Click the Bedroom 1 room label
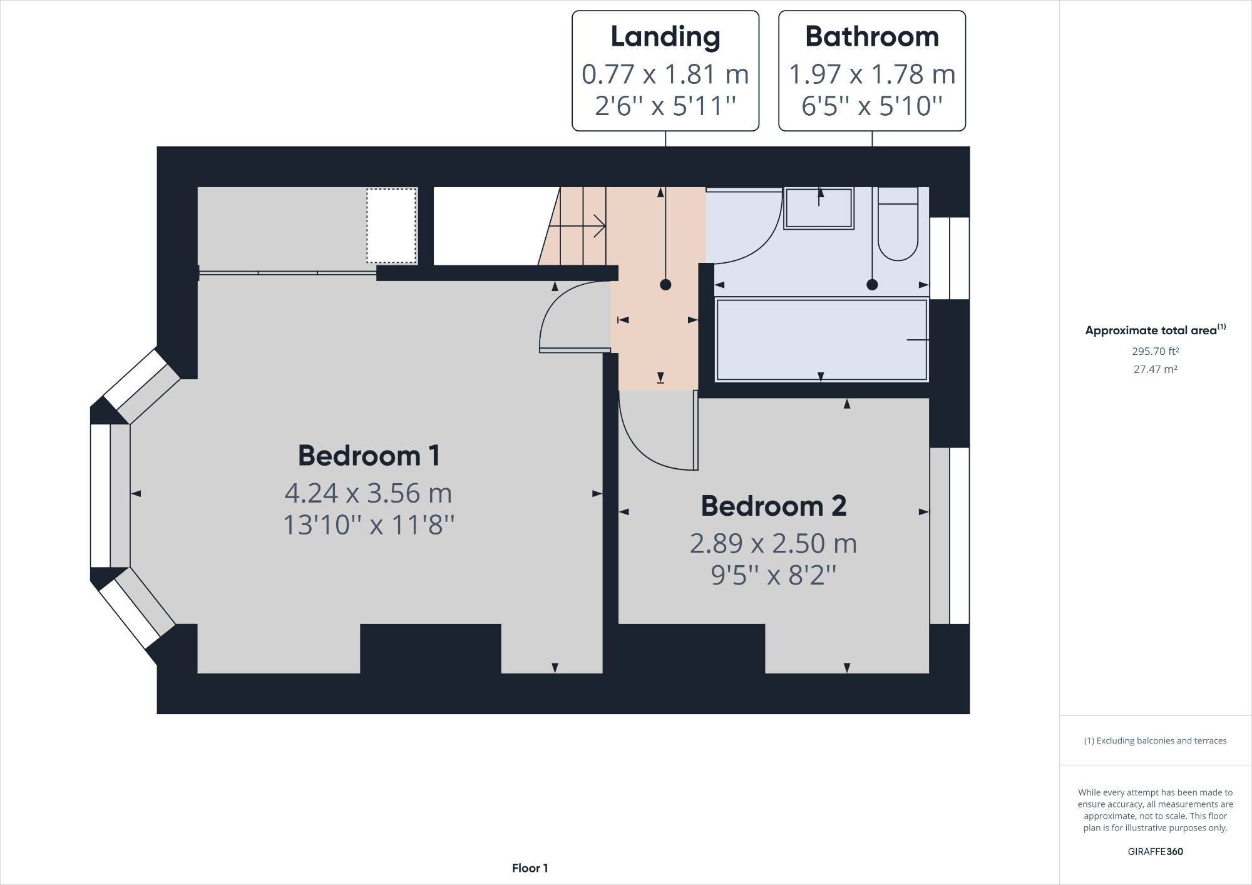click(369, 456)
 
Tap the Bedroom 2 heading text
click(773, 506)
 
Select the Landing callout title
click(665, 36)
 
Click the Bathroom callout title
click(871, 36)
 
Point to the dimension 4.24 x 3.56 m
click(368, 493)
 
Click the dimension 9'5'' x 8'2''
click(773, 575)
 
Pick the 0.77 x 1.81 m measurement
click(665, 74)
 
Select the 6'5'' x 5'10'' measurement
click(871, 106)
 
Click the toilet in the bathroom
click(898, 225)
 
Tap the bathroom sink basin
click(818, 208)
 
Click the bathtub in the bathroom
click(821, 340)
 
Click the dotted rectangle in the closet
click(391, 225)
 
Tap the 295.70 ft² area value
click(1155, 351)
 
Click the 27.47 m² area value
click(1155, 369)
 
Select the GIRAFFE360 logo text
click(1155, 851)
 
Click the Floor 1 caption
click(530, 868)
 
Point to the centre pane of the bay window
click(100, 496)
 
